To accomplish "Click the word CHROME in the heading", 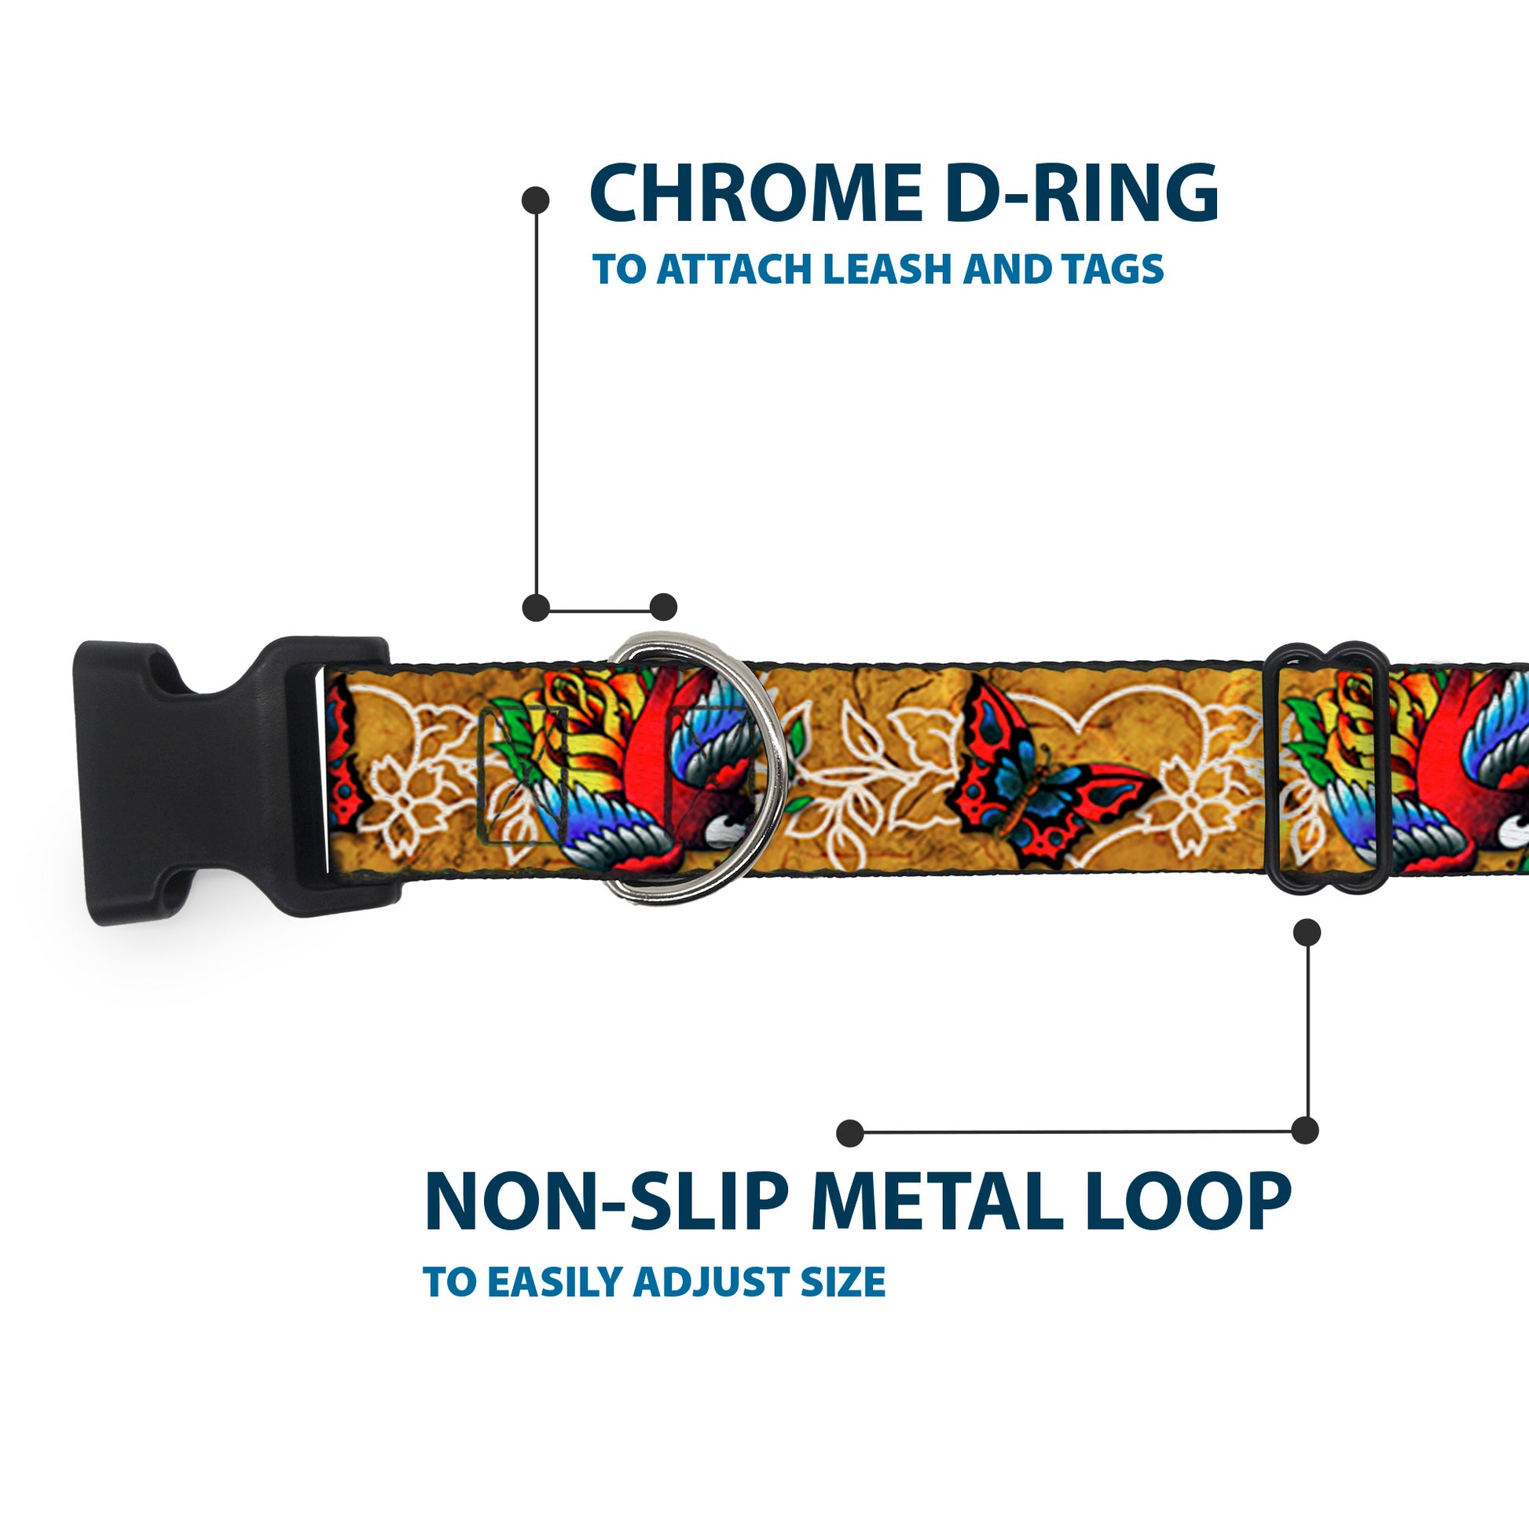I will (756, 193).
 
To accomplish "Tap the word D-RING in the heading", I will (1080, 193).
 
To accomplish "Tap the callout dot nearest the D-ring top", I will (663, 608).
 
